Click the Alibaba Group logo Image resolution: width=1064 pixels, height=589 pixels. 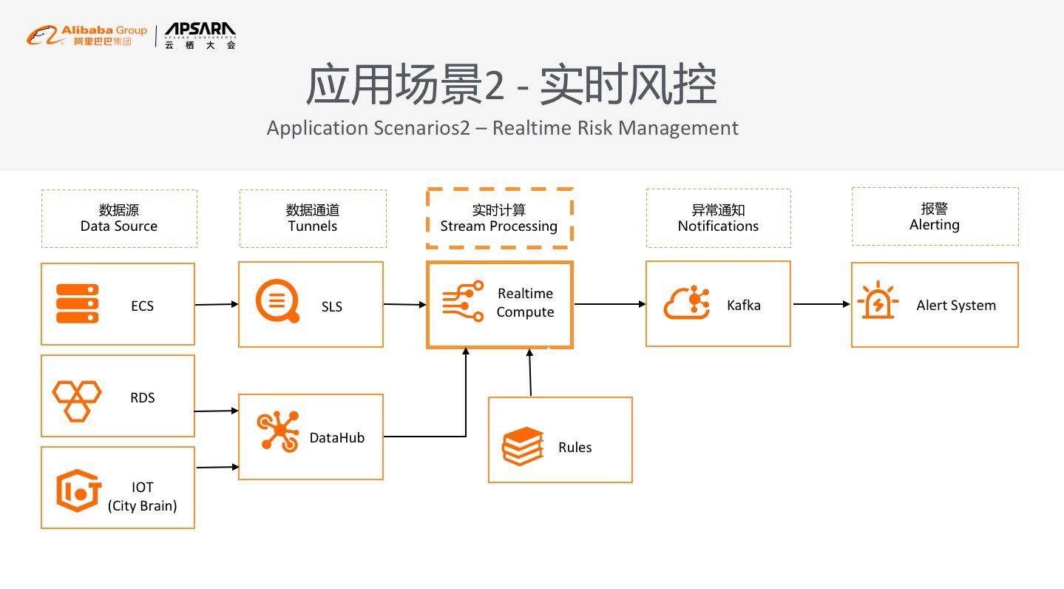[87, 35]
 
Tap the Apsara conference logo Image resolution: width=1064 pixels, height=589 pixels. [200, 35]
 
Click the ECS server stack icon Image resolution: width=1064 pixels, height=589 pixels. [78, 304]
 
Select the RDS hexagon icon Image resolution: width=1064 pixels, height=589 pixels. [76, 400]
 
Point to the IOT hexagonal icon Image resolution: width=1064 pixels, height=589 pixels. [78, 491]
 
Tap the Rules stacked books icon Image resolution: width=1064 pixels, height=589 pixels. [523, 446]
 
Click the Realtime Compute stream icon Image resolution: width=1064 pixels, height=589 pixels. [463, 301]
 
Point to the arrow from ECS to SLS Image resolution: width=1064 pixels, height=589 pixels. [217, 304]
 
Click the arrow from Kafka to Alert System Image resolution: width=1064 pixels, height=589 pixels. [821, 303]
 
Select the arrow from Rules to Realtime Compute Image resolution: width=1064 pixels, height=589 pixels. [530, 372]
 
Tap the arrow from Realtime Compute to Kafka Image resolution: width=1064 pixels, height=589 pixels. [609, 303]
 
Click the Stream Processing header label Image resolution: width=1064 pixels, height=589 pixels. [499, 218]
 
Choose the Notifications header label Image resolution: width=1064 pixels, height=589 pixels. [718, 218]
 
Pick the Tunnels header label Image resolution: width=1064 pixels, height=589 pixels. [313, 218]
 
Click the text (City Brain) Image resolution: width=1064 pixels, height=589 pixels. [143, 506]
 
